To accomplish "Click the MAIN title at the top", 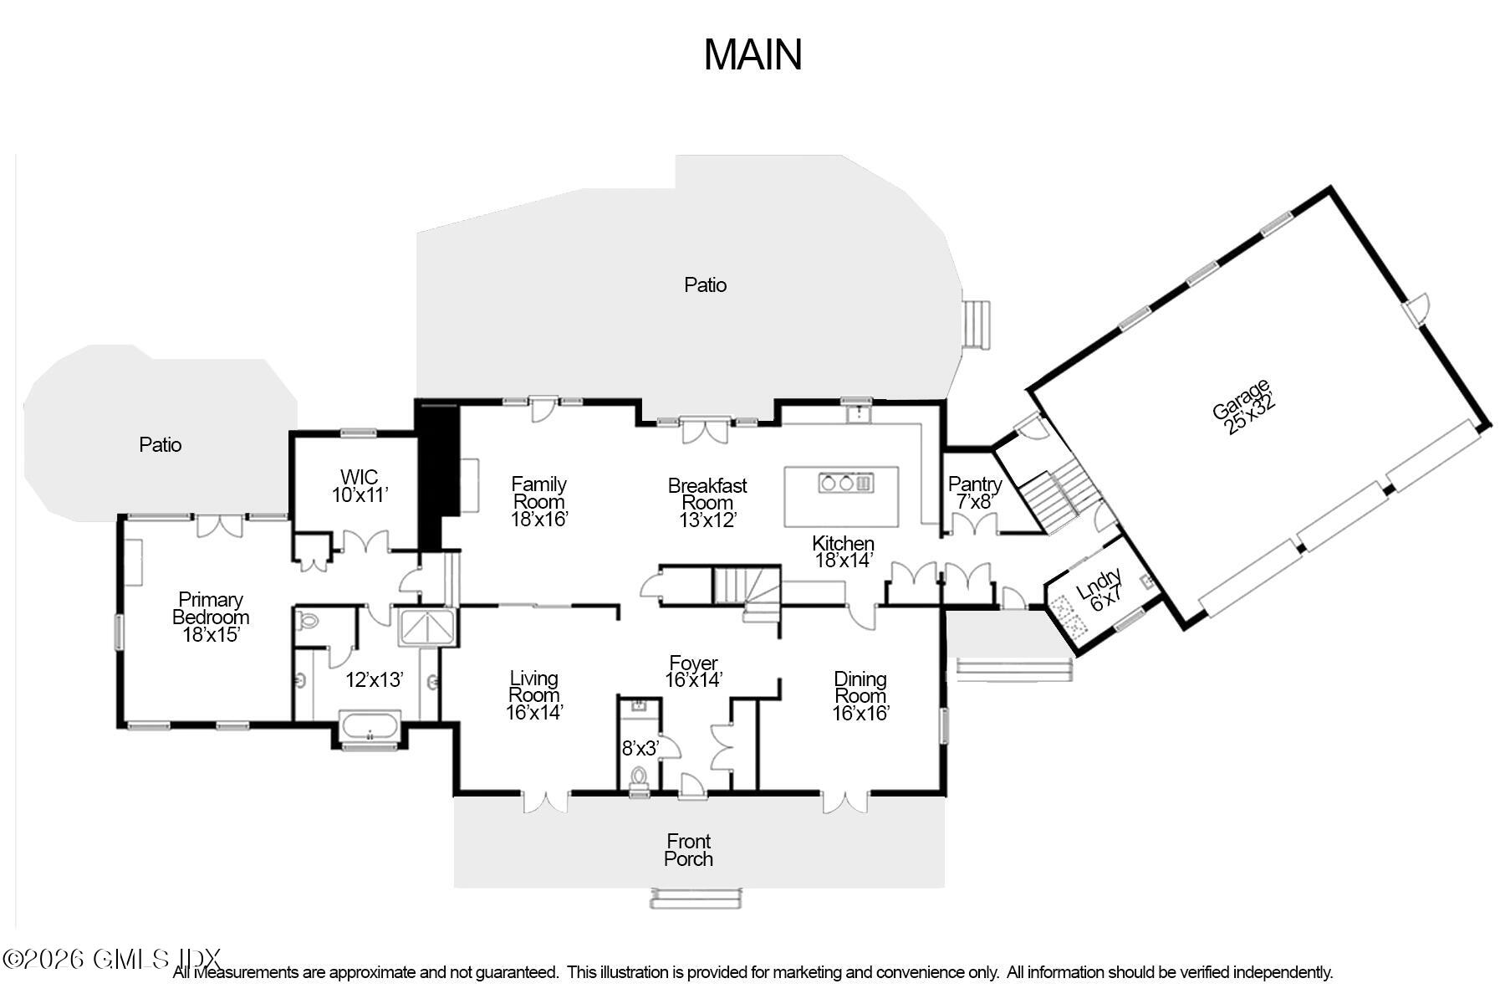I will [x=752, y=54].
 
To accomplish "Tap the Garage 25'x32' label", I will [x=1242, y=407].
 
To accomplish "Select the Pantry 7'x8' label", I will [x=974, y=493].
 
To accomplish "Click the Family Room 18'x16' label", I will [x=539, y=502].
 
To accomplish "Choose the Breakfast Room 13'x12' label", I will [x=707, y=503].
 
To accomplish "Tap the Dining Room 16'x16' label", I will [x=860, y=696].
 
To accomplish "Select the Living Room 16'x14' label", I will [x=533, y=695].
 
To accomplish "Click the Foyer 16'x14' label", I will [x=693, y=672].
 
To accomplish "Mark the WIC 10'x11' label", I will [x=360, y=486].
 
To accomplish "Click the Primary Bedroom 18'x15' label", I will [x=211, y=617].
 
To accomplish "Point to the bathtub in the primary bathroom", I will [x=370, y=726].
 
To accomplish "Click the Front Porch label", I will [x=689, y=850].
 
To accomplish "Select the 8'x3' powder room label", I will [x=640, y=748].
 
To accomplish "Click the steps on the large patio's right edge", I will [x=977, y=325].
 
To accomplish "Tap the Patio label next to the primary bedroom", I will [x=161, y=445].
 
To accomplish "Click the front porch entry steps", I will [x=696, y=899].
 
